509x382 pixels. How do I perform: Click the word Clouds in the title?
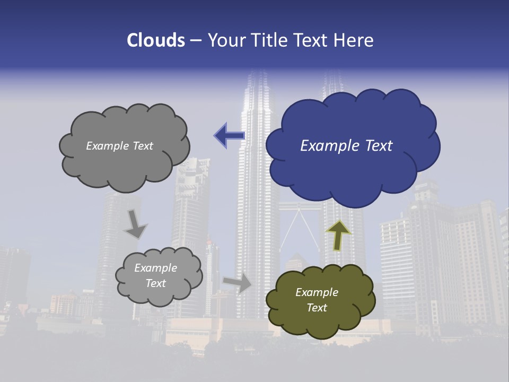[155, 40]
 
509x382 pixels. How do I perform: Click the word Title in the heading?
[269, 40]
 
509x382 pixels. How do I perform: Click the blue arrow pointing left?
[229, 136]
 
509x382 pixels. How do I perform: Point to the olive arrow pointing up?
[338, 235]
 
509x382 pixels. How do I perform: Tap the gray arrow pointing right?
[238, 283]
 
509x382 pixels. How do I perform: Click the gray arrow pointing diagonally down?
[135, 224]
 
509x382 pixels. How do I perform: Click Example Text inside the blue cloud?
[346, 146]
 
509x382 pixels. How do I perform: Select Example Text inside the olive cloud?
[317, 300]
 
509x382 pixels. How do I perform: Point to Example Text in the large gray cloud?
[119, 146]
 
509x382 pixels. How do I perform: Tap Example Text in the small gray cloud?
[155, 276]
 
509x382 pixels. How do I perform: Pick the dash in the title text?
[196, 41]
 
